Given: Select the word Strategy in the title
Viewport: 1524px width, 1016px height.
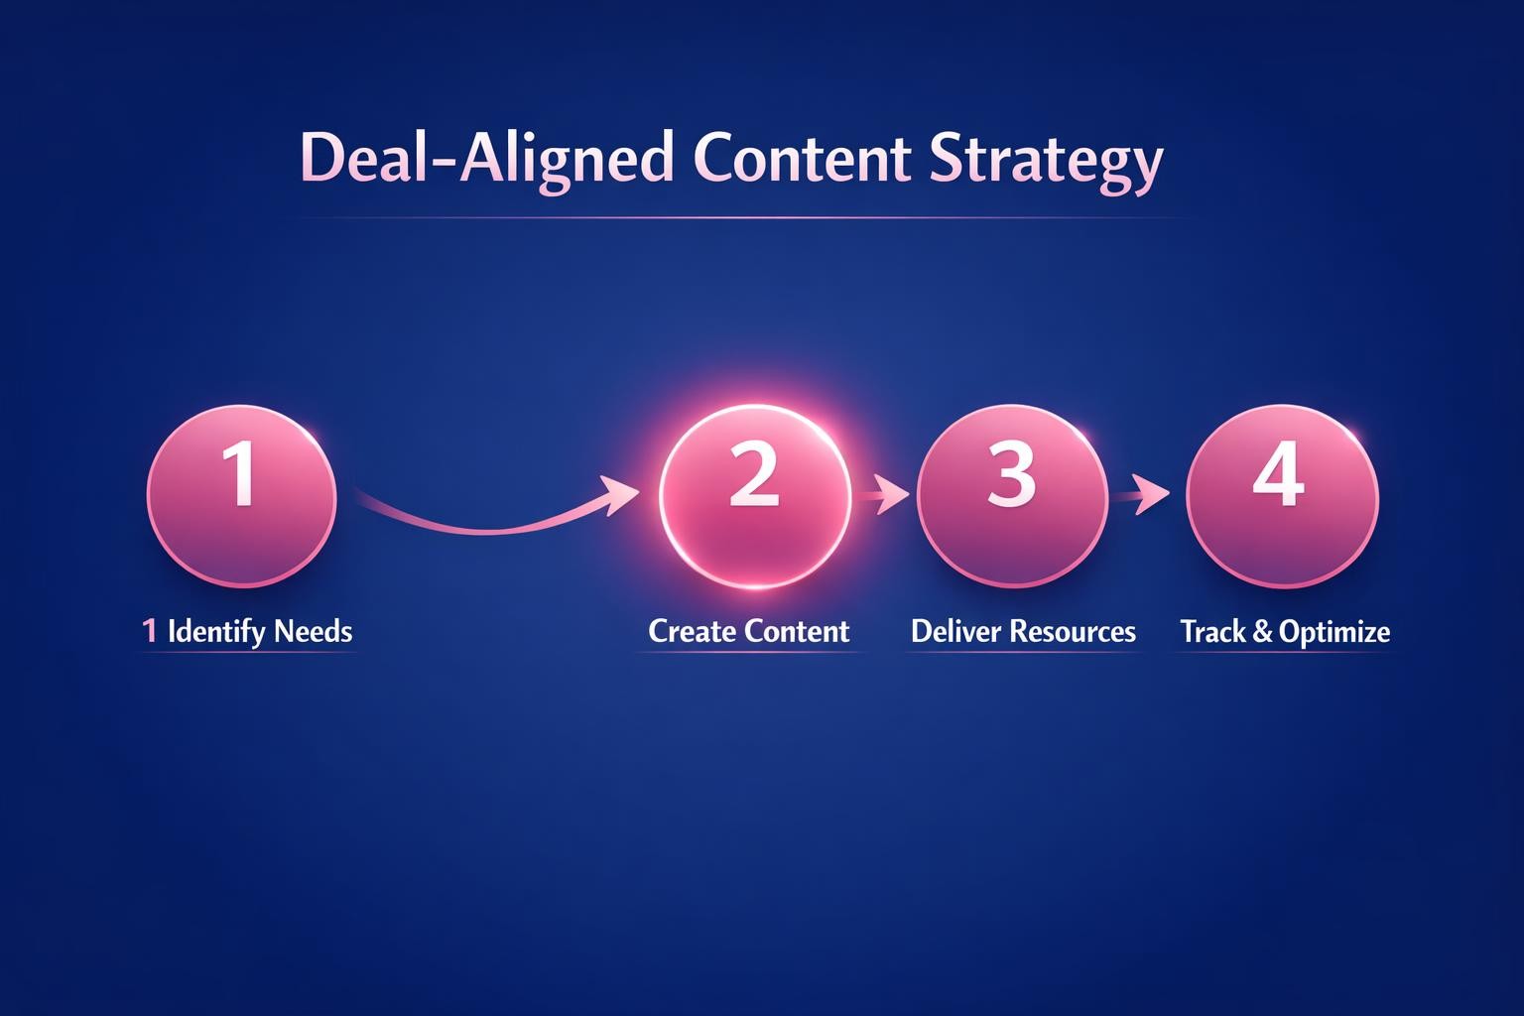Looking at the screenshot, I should (1046, 160).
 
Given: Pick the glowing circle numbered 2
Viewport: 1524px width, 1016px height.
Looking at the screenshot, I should (755, 496).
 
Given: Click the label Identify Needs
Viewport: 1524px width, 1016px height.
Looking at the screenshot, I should (260, 631).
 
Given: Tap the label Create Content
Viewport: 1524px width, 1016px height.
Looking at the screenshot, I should (749, 631).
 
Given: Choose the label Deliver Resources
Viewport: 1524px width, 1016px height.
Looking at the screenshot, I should (1023, 631).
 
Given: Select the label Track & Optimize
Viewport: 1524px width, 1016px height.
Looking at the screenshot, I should (1285, 631).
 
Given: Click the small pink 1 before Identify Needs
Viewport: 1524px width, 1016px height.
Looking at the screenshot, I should (150, 631).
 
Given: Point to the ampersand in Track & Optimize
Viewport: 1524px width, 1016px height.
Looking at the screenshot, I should (1262, 631).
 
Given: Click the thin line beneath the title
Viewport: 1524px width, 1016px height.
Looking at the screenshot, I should (744, 217).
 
